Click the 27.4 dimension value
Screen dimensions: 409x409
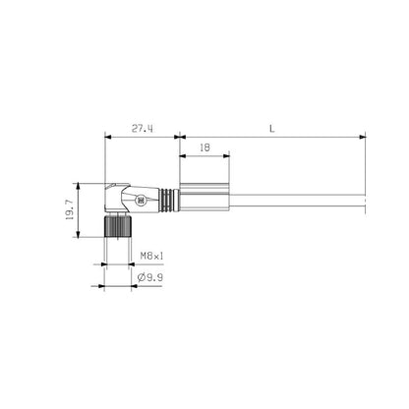[x=141, y=128]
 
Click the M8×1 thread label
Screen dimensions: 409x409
[x=151, y=256]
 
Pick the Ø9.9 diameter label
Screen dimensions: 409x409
[x=149, y=278]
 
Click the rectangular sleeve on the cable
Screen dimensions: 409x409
[x=204, y=201]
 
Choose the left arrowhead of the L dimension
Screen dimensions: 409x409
[x=182, y=136]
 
